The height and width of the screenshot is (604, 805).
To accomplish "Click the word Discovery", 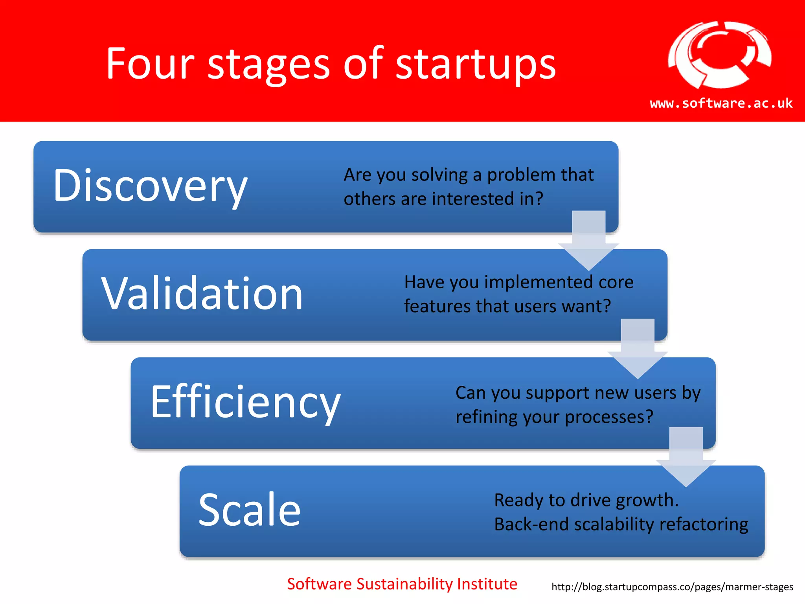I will pyautogui.click(x=150, y=186).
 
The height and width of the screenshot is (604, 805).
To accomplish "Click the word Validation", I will pyautogui.click(x=202, y=293).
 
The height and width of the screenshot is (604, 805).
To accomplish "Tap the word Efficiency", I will pyautogui.click(x=245, y=402).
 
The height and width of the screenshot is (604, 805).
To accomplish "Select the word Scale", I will pyautogui.click(x=249, y=510).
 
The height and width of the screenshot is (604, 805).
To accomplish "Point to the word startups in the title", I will pyautogui.click(x=475, y=64).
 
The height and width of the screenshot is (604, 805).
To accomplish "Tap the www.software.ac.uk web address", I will pyautogui.click(x=721, y=103).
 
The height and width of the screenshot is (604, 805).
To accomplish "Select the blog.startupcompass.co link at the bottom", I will pyautogui.click(x=672, y=587).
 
